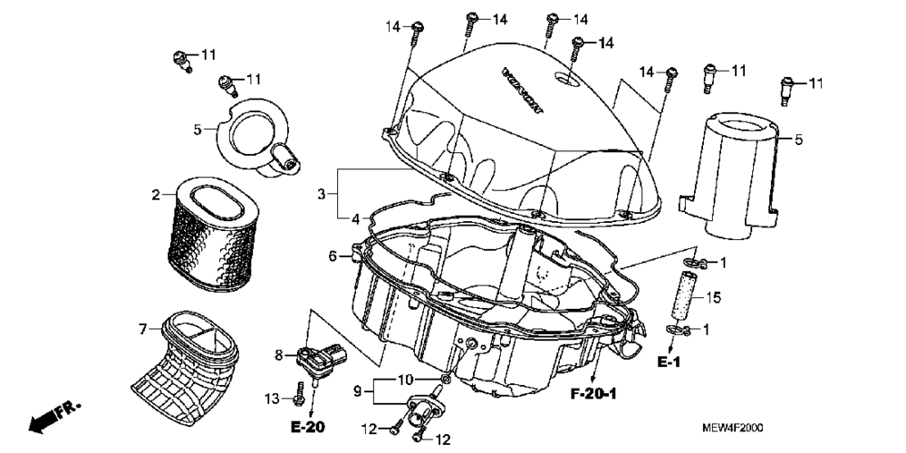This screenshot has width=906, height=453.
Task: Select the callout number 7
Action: [x=143, y=327]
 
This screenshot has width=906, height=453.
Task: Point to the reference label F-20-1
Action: [x=593, y=395]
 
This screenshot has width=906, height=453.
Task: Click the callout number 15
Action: [x=713, y=297]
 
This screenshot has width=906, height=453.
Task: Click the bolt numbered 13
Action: [x=299, y=396]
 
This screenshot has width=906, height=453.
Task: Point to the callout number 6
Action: [x=333, y=256]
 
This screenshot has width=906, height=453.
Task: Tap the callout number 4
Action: [x=356, y=217]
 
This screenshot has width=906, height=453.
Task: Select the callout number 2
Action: [x=156, y=194]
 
